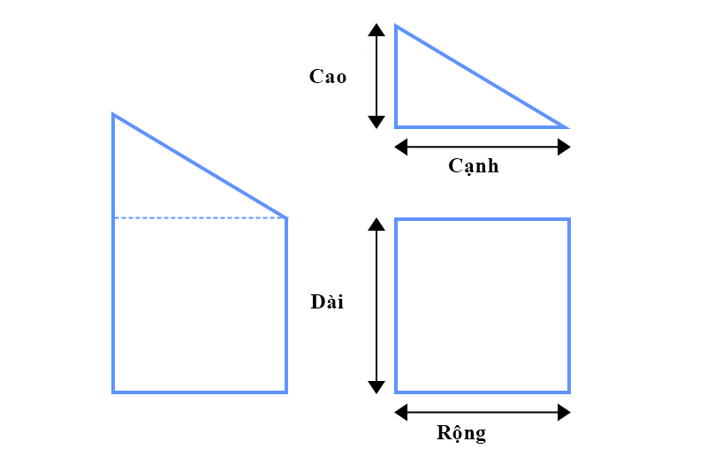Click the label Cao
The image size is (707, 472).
coord(328,77)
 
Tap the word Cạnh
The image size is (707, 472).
coord(474,166)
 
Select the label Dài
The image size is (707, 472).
coord(327,301)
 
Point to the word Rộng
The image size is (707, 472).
coord(461,433)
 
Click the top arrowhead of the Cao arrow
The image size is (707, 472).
coord(376,30)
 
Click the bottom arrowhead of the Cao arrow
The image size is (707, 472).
coord(376,122)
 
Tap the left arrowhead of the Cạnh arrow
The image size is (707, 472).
coord(401,147)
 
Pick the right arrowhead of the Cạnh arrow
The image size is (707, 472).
coord(564,147)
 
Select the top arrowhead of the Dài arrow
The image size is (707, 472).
coord(376,224)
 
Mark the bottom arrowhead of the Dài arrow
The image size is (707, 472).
coord(376,388)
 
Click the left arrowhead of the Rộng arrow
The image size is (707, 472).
coord(401,412)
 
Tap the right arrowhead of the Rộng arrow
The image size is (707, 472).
coord(564,412)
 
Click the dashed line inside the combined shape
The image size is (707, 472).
coord(200,217)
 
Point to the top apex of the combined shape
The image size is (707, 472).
coord(113,115)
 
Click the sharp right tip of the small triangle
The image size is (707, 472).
coord(567,127)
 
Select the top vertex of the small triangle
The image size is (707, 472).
coord(396,26)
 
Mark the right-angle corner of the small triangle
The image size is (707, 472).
coord(396,127)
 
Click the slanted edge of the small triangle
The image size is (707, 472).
coord(482,77)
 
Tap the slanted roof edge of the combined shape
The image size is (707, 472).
coord(200,166)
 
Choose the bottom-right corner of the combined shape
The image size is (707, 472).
coord(286,392)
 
